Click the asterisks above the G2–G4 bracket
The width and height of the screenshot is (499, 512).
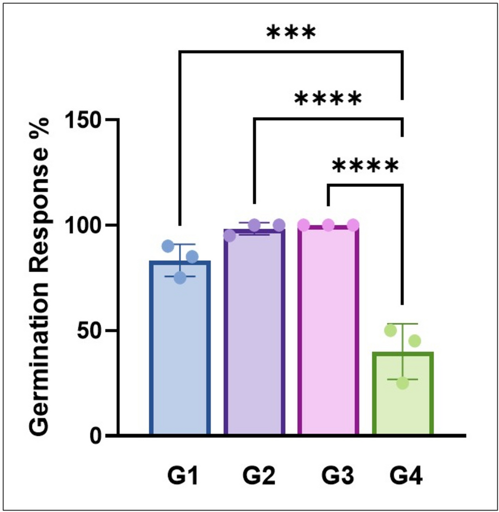[x=328, y=99]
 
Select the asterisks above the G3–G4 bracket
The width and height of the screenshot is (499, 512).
[x=365, y=166]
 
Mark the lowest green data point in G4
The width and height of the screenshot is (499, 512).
[x=402, y=383]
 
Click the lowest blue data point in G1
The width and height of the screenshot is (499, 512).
[x=180, y=278]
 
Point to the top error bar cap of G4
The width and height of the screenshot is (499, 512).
[x=402, y=324]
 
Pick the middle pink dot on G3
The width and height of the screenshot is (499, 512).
[x=328, y=225]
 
